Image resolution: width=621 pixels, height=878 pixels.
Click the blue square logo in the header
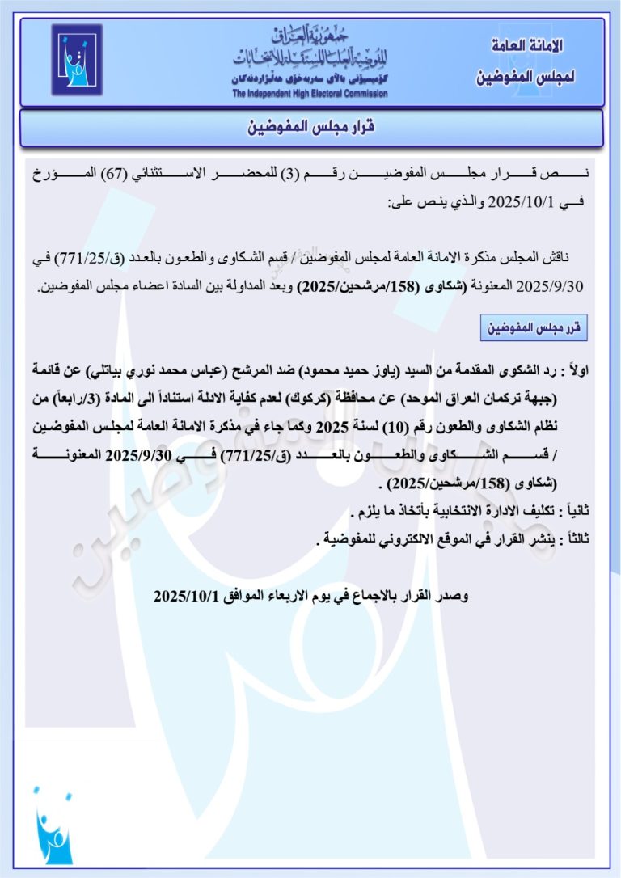coord(77,60)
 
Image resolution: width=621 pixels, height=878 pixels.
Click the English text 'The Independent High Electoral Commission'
coord(310,94)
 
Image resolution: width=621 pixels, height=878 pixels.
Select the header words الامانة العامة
coord(528,46)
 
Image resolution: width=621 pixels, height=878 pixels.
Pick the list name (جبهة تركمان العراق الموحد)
coord(497,399)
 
